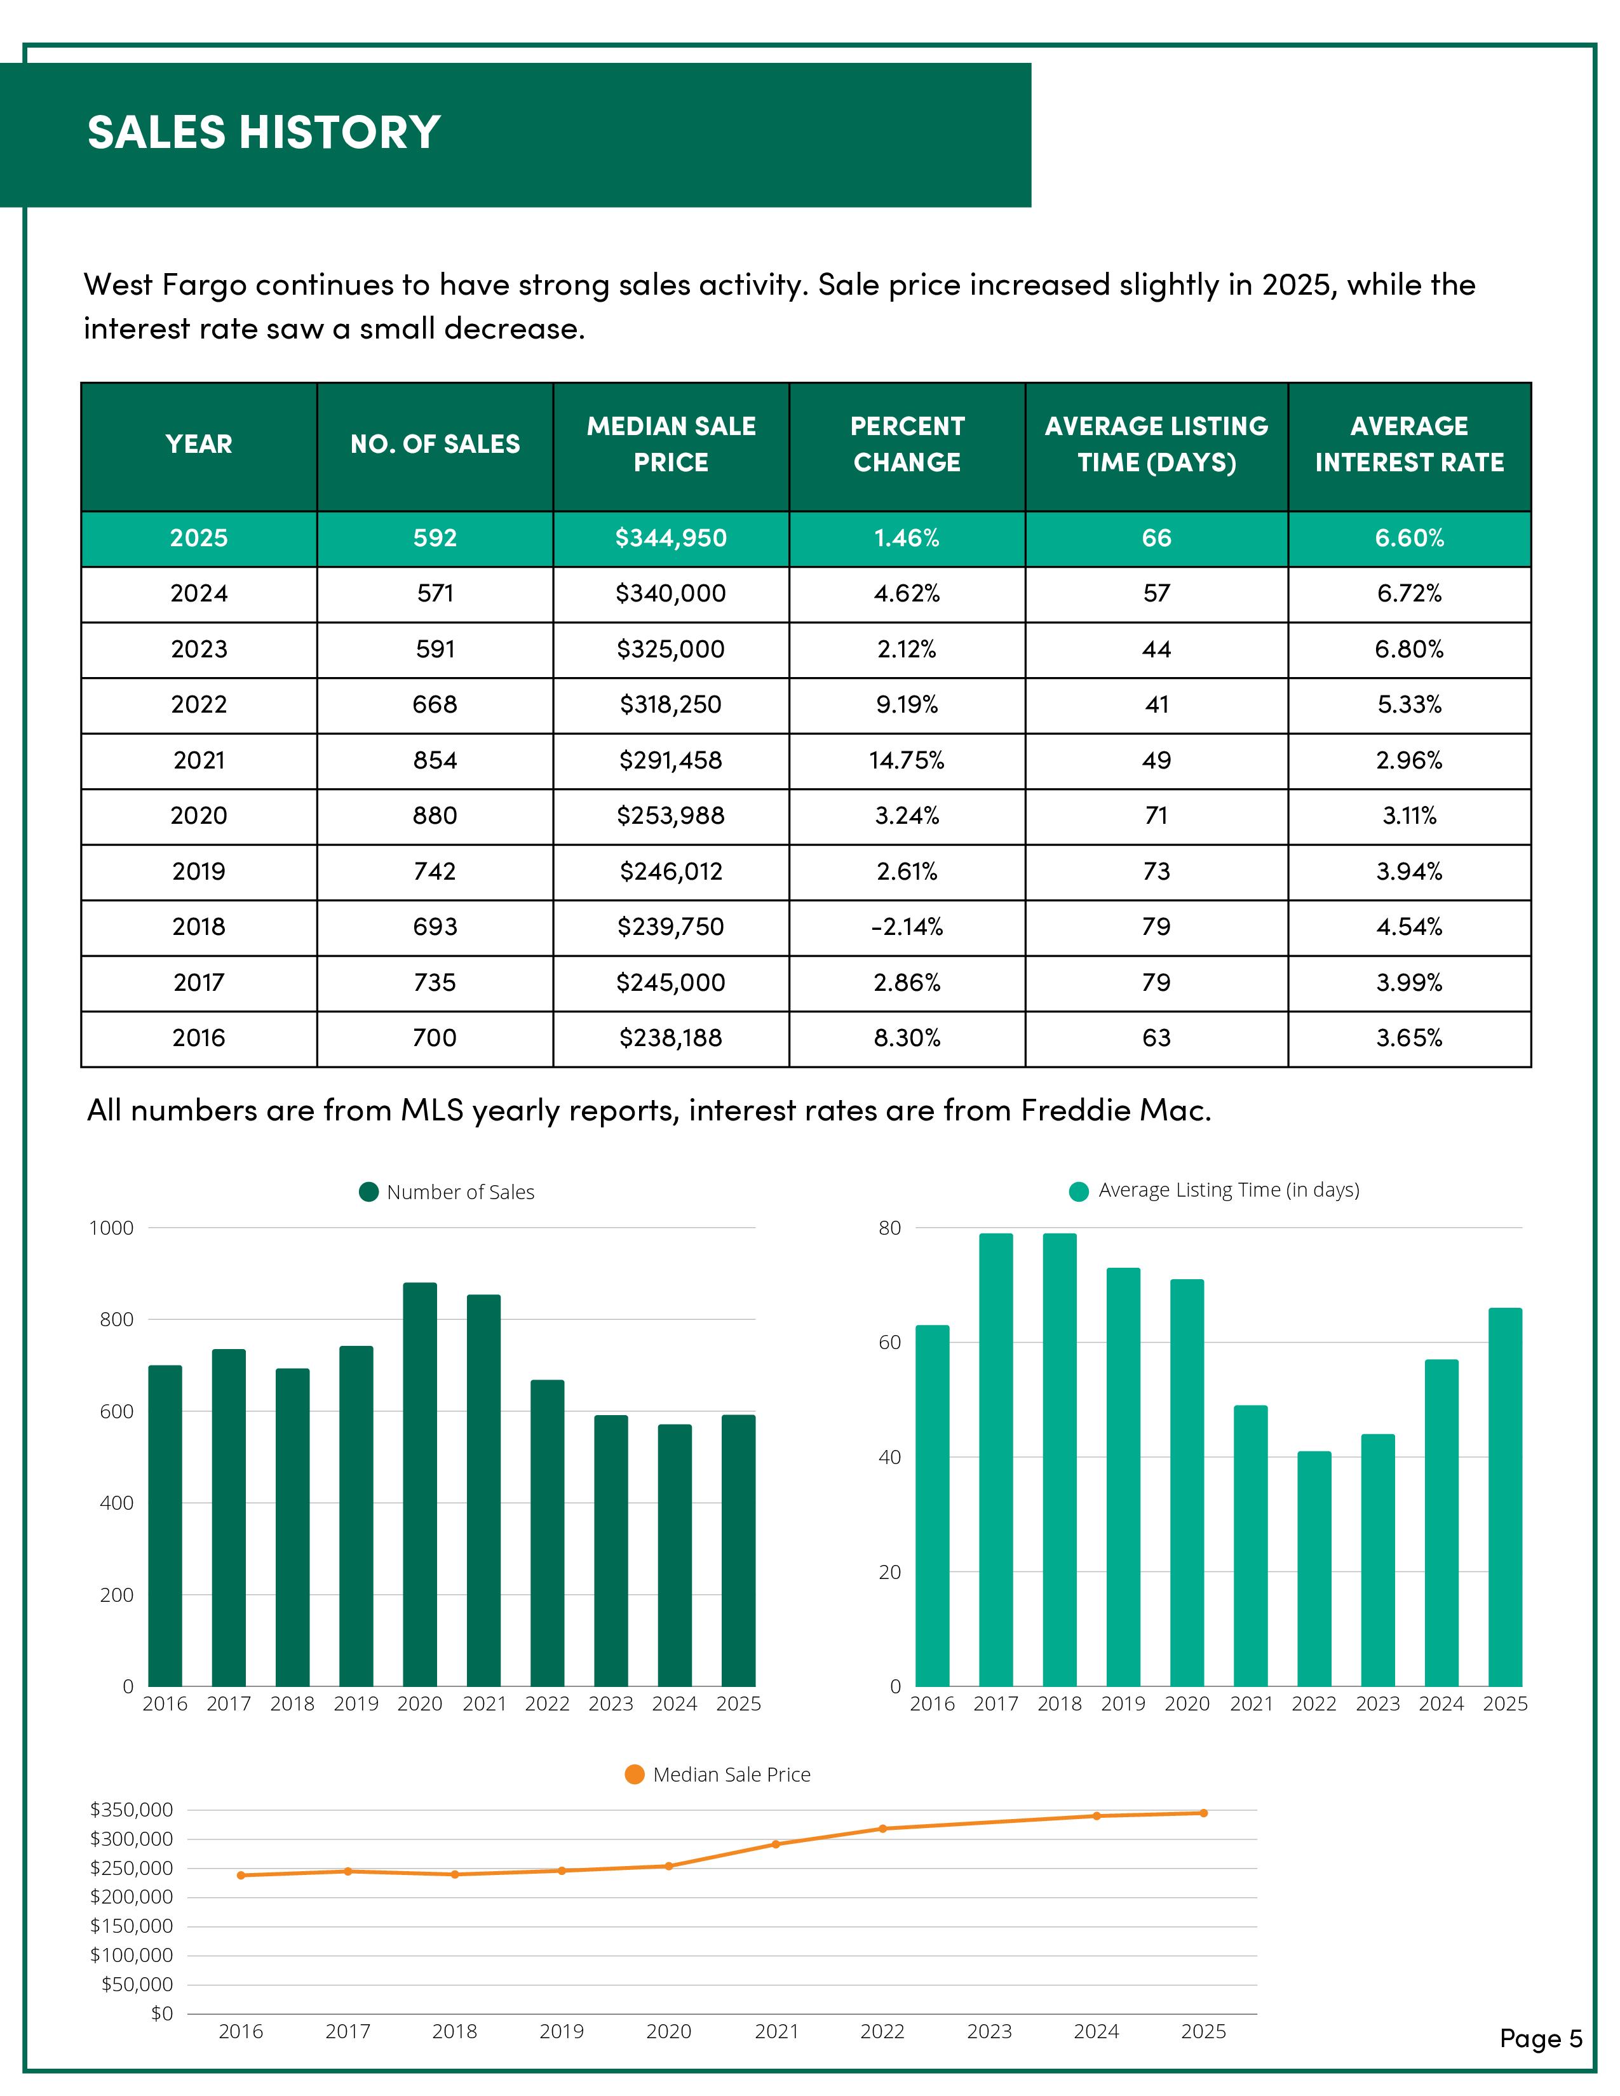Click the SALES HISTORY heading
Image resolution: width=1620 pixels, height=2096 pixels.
coord(264,133)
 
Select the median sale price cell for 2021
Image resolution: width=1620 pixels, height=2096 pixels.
coord(671,761)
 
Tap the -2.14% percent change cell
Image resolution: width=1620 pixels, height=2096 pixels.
coord(907,927)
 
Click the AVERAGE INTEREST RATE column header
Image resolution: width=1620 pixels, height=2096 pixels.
coord(1409,445)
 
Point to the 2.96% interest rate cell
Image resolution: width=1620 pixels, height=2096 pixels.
coord(1409,761)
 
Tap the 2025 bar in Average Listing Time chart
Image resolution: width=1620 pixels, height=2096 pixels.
coord(1505,1497)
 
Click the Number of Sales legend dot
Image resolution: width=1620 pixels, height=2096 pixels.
coord(368,1192)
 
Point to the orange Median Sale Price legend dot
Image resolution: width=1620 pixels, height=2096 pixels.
coord(635,1775)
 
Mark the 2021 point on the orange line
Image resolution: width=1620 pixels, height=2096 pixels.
coord(776,1844)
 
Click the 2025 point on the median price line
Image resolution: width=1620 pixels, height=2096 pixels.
coord(1203,1813)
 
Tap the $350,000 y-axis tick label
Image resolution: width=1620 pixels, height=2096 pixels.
coord(132,1810)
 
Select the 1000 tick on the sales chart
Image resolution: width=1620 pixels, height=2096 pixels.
coord(111,1228)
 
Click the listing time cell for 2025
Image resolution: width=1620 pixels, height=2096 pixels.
coord(1156,539)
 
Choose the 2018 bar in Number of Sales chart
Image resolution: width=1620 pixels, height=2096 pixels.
coord(293,1527)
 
